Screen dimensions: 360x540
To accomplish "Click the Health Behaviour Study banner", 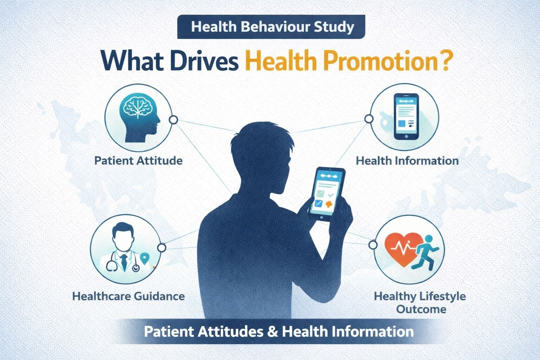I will click(271, 27).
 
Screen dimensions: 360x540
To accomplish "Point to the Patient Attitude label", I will click(139, 161).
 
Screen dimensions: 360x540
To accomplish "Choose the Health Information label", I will click(407, 161).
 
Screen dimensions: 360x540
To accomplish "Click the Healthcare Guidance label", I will click(128, 296).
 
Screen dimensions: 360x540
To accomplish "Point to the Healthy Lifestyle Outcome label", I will click(420, 302).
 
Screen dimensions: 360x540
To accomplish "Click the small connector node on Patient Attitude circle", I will click(173, 120).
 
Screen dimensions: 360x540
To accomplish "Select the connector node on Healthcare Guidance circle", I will click(161, 248).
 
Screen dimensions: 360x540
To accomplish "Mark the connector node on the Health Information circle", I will click(369, 119).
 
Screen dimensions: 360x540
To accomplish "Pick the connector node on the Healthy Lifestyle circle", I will click(373, 244).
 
